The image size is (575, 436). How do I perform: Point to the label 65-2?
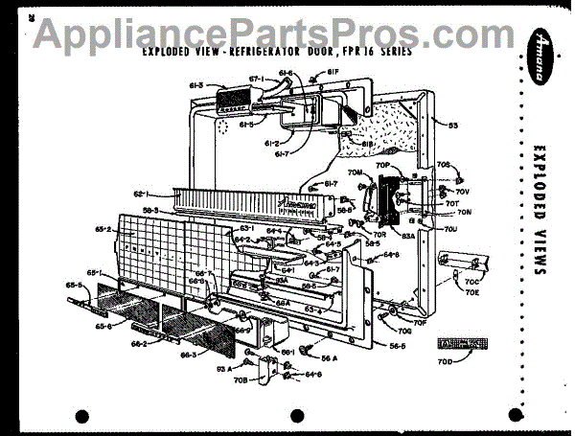103,231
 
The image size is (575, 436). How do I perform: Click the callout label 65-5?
73,285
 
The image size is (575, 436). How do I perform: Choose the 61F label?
333,69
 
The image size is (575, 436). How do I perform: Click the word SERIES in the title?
391,52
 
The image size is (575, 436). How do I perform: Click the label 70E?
473,293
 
